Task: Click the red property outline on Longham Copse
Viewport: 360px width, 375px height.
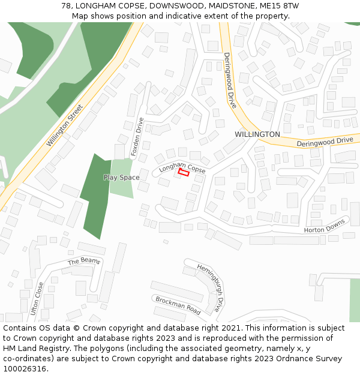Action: pyautogui.click(x=184, y=172)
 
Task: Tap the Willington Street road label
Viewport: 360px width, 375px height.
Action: pyautogui.click(x=65, y=126)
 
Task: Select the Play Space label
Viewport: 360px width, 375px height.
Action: pyautogui.click(x=121, y=178)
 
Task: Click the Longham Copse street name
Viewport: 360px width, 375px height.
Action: pyautogui.click(x=182, y=166)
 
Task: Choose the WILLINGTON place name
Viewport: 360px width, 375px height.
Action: pyautogui.click(x=257, y=134)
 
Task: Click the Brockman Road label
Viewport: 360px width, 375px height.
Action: pyautogui.click(x=178, y=305)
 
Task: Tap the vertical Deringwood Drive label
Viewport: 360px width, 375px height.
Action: pyautogui.click(x=230, y=80)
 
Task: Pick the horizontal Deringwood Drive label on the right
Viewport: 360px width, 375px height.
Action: pyautogui.click(x=325, y=141)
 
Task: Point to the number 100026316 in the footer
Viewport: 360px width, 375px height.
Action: pyautogui.click(x=24, y=369)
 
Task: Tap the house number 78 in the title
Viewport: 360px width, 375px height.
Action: pyautogui.click(x=66, y=6)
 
